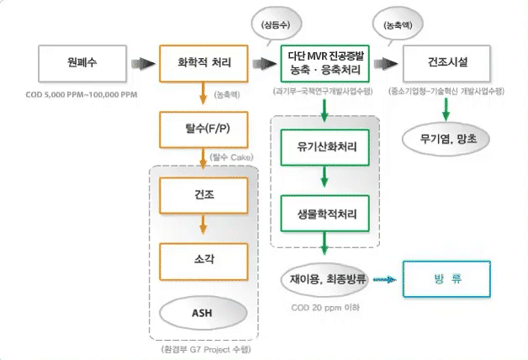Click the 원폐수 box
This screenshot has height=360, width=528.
(x=77, y=62)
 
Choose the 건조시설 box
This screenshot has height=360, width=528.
(x=446, y=62)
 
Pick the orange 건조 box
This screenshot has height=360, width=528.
(x=202, y=194)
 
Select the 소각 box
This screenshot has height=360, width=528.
(x=202, y=260)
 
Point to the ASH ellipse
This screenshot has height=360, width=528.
(x=202, y=313)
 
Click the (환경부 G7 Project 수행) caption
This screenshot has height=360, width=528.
(x=201, y=348)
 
